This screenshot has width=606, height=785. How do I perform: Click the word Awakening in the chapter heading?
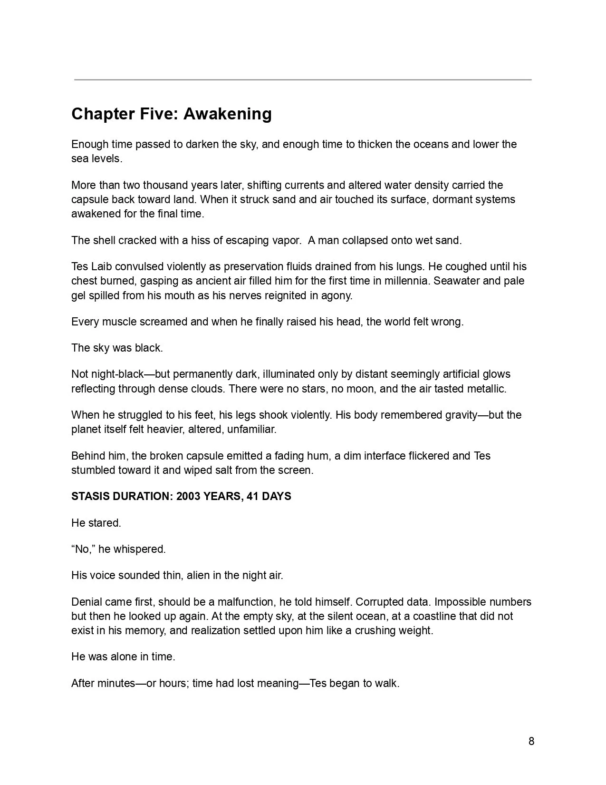pyautogui.click(x=228, y=114)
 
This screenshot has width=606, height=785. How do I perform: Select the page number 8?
pyautogui.click(x=531, y=741)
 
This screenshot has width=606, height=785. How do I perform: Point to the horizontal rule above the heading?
pyautogui.click(x=303, y=80)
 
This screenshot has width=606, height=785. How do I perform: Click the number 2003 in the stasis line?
pyautogui.click(x=188, y=497)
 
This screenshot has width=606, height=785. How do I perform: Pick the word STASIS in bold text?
pyautogui.click(x=90, y=497)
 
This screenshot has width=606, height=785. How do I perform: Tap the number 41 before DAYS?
pyautogui.click(x=252, y=497)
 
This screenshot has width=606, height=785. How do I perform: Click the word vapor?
pyautogui.click(x=287, y=241)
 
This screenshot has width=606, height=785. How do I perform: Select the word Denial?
pyautogui.click(x=86, y=602)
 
